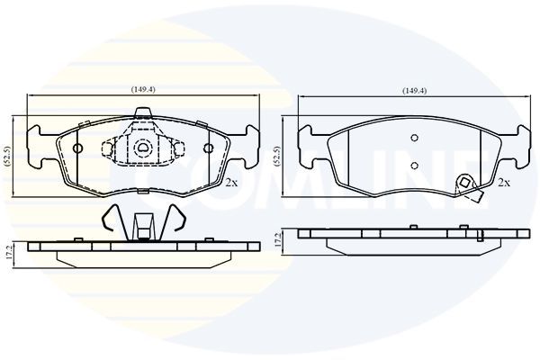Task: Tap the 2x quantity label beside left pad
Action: pos(231,183)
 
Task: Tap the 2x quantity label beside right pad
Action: pos(504,183)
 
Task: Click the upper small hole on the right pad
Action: pos(413,138)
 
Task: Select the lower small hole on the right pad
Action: pos(413,165)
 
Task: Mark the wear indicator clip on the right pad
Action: pos(466,184)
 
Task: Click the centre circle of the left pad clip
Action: pos(141,148)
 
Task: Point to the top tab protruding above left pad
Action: pos(141,113)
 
